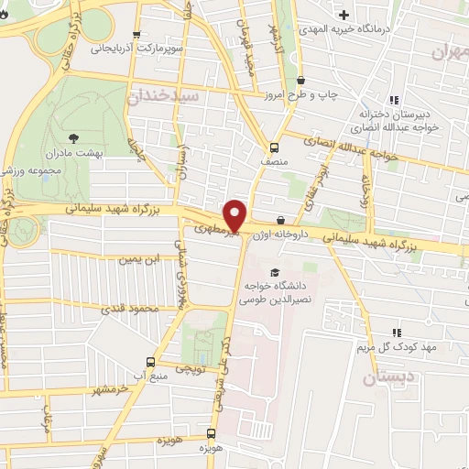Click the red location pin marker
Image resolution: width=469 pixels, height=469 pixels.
[x=235, y=214]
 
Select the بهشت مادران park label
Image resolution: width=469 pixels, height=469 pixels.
[x=102, y=153]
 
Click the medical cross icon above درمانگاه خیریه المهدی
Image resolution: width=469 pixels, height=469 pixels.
[x=344, y=16]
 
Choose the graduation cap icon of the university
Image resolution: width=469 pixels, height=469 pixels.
[x=273, y=272]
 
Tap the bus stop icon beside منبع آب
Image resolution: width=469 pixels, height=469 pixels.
[x=152, y=362]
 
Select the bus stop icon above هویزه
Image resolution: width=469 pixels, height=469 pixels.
[x=212, y=433]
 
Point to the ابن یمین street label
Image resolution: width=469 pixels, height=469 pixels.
[x=137, y=259]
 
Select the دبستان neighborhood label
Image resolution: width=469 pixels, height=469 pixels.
[x=388, y=376]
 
